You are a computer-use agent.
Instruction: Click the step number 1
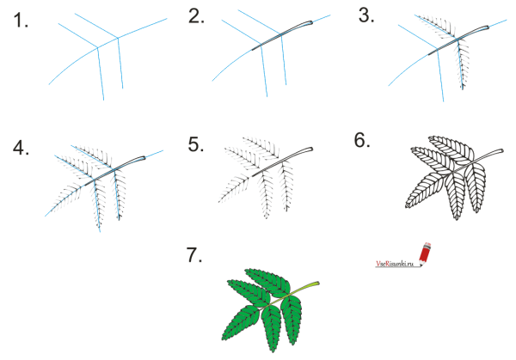point(21,21)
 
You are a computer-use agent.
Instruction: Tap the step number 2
point(196,15)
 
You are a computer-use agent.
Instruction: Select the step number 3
point(366,15)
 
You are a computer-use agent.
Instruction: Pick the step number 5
point(196,144)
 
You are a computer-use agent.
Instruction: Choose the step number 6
point(362,140)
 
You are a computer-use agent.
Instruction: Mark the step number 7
point(194,255)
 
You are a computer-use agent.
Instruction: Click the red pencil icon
point(425,253)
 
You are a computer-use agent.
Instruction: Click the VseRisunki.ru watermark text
point(395,264)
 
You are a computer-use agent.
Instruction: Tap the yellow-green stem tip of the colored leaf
point(316,283)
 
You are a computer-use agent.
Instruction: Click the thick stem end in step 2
point(310,22)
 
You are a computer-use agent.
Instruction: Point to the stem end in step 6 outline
point(501,151)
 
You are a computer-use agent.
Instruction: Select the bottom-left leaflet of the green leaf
point(240,324)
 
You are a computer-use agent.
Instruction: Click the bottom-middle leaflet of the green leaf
point(272,329)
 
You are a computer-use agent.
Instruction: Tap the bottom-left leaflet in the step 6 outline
point(425,190)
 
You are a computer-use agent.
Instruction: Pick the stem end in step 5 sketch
point(310,149)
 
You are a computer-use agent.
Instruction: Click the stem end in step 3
point(486,28)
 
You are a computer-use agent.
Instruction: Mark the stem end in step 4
point(142,158)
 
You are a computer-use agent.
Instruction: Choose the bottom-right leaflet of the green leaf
point(291,320)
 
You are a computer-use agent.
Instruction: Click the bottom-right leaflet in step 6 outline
point(475,187)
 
